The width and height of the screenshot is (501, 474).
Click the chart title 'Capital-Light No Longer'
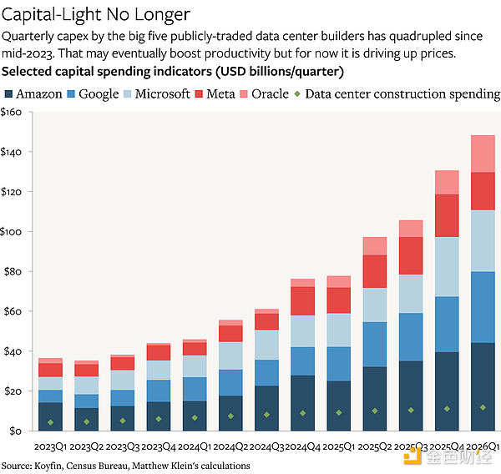96,15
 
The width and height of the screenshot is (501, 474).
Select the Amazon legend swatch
8,94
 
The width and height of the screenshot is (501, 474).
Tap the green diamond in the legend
297,94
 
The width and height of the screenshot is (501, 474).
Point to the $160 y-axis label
11,112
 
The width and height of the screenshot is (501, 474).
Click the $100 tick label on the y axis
11,231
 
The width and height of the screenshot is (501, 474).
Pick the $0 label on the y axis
15,431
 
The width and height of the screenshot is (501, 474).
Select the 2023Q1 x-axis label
50,446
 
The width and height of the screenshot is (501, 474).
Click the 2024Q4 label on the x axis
302,446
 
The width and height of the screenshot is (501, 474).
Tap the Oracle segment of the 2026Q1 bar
483,154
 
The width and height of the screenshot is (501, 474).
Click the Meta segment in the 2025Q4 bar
447,215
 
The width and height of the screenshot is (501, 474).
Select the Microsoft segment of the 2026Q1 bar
483,241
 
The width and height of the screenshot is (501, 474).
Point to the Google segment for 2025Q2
375,345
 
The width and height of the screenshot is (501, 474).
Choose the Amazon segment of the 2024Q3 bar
266,408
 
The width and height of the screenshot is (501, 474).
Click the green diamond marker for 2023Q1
50,422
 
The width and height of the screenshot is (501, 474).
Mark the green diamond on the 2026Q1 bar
483,407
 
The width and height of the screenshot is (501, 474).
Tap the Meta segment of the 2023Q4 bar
159,353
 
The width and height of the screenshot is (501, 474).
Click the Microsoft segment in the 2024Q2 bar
230,355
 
